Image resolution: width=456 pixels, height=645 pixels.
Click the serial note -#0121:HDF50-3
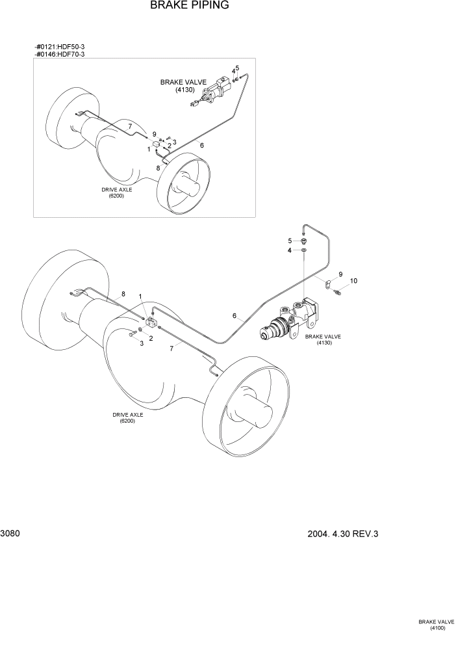click(x=59, y=46)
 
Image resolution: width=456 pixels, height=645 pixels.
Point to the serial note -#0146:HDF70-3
click(x=59, y=54)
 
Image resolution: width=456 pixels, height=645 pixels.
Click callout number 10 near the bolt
click(x=353, y=281)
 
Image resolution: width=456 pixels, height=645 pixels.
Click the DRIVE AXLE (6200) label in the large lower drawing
click(x=127, y=417)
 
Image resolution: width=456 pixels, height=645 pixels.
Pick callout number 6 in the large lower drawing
click(x=234, y=316)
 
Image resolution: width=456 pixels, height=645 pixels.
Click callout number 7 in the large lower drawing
click(x=171, y=349)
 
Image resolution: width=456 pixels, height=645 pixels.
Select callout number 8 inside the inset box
click(x=157, y=168)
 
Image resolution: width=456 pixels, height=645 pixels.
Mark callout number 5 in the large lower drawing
click(x=290, y=241)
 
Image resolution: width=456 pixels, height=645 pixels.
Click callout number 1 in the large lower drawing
click(x=140, y=296)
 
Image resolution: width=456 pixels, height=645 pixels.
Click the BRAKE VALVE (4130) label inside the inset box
click(x=184, y=86)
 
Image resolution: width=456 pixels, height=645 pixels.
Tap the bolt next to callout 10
click(x=337, y=293)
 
